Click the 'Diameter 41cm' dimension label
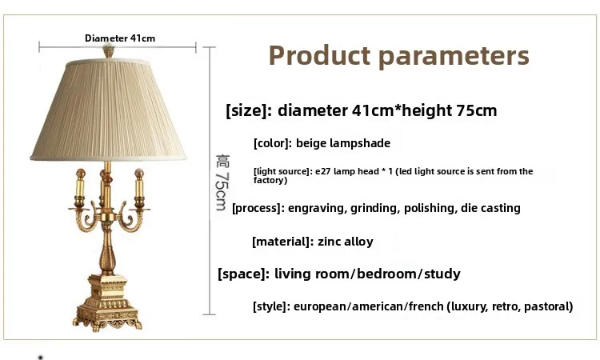click(120, 38)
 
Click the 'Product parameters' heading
click(398, 56)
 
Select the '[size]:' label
click(249, 110)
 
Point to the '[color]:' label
click(272, 144)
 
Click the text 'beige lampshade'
click(343, 144)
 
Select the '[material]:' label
click(281, 241)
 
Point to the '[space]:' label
click(242, 274)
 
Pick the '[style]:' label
click(270, 306)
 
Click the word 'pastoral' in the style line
click(544, 306)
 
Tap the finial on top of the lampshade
click(106, 53)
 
